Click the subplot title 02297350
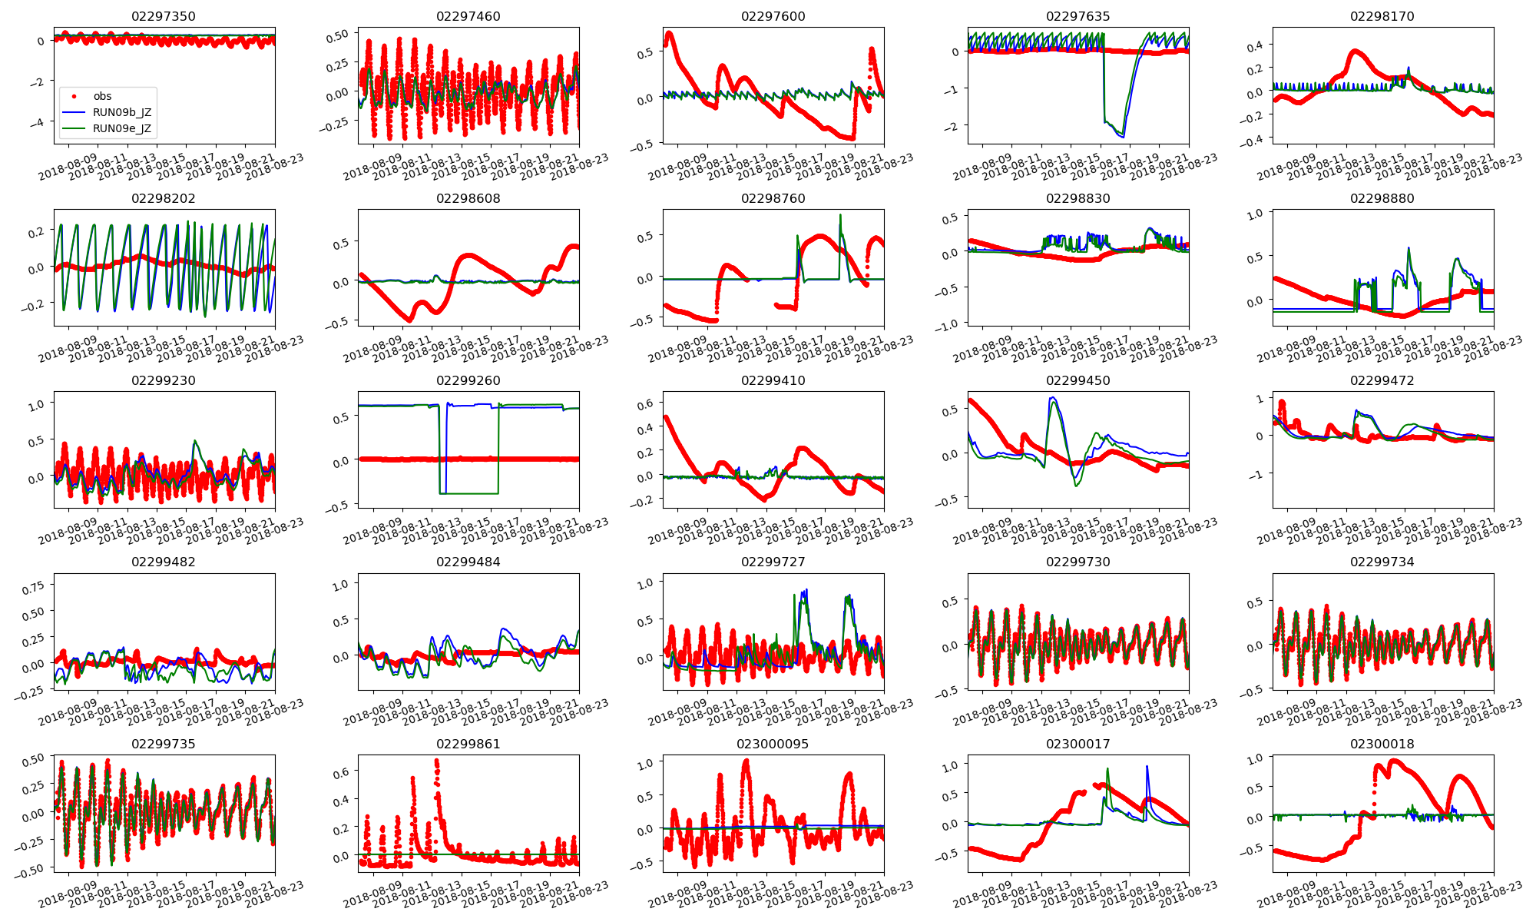click(x=164, y=16)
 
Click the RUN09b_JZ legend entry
click(x=121, y=112)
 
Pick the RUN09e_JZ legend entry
click(x=121, y=128)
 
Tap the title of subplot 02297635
click(x=1078, y=16)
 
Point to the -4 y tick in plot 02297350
click(x=40, y=123)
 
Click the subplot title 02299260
click(x=468, y=380)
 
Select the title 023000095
click(x=773, y=744)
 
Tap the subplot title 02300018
click(x=1382, y=744)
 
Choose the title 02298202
click(x=164, y=198)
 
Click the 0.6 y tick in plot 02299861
click(x=339, y=772)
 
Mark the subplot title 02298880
click(x=1382, y=198)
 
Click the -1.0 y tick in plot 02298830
click(x=948, y=324)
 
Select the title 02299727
click(x=773, y=562)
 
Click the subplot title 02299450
click(x=1078, y=380)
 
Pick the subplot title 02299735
click(x=164, y=744)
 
